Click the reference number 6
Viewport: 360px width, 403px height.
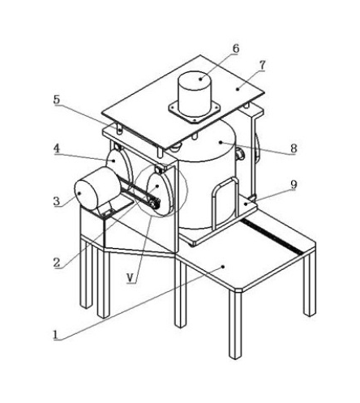pos(236,49)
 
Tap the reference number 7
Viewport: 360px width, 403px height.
pos(262,65)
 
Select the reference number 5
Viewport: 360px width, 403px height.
pos(57,100)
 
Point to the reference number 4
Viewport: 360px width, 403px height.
pos(57,148)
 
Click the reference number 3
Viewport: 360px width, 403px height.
pos(57,201)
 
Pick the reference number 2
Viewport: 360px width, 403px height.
pos(57,263)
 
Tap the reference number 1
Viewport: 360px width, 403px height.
pos(55,335)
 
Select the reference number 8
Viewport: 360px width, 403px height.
pos(294,148)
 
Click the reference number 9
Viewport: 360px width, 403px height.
pos(294,185)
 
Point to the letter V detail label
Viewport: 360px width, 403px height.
pos(131,277)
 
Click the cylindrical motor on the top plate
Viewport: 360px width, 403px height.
pos(195,93)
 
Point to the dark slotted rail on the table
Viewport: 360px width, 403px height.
pos(272,237)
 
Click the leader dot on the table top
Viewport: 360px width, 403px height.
pos(223,267)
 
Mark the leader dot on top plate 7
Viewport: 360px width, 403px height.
pos(238,88)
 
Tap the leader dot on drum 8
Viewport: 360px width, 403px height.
pos(221,141)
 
